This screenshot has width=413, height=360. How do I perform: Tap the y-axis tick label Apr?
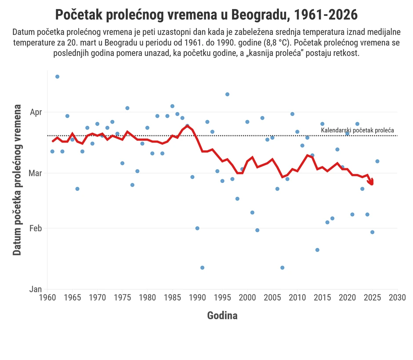(36, 113)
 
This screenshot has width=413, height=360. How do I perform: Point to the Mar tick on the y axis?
(36, 173)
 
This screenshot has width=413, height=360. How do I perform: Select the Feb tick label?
(36, 228)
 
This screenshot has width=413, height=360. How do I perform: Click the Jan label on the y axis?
(36, 289)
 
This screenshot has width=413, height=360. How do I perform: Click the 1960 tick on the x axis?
(47, 298)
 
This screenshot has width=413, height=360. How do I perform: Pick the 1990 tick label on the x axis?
(197, 298)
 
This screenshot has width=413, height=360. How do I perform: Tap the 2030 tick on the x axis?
(397, 298)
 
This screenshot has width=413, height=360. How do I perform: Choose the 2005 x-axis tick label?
(272, 298)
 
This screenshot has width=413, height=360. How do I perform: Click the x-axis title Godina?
(222, 315)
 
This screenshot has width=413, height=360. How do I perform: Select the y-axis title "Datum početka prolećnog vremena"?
(17, 180)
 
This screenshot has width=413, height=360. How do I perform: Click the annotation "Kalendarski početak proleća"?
(357, 131)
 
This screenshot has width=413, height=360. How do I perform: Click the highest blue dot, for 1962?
(57, 76)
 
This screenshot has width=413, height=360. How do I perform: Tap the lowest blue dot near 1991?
(202, 268)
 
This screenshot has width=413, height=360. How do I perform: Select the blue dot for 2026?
(377, 161)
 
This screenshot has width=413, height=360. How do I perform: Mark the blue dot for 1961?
(52, 151)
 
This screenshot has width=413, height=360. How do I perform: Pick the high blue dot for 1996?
(227, 94)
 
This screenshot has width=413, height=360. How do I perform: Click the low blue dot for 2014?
(317, 250)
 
